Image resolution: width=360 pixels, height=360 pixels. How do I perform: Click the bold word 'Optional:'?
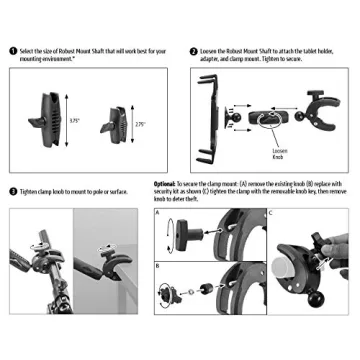(166, 185)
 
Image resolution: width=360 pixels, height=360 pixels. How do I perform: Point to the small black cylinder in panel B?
(214, 288)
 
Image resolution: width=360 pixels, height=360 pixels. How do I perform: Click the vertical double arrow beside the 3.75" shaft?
(63, 119)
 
